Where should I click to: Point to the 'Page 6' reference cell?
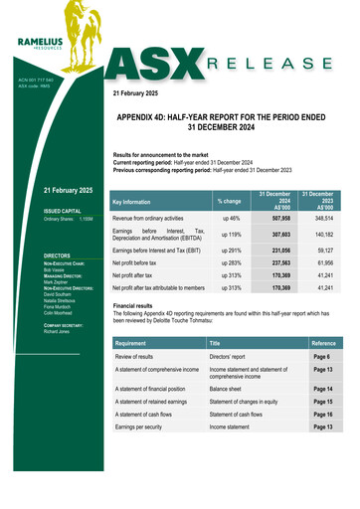(321, 355)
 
